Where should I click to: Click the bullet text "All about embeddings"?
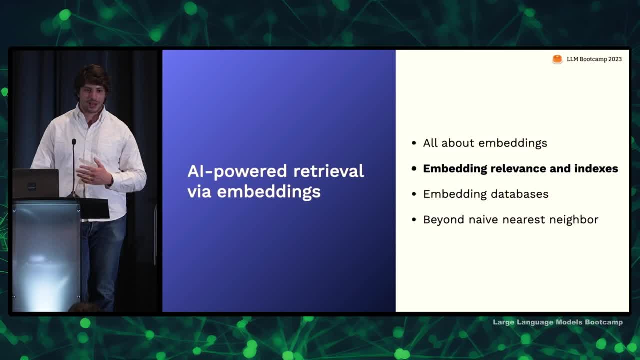pyautogui.click(x=485, y=143)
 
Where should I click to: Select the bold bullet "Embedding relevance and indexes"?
pyautogui.click(x=520, y=168)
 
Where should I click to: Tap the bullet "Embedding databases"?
pyautogui.click(x=485, y=194)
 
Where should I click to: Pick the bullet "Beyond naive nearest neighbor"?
pyautogui.click(x=511, y=219)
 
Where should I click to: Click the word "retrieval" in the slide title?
pyautogui.click(x=328, y=171)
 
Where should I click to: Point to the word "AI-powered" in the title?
pyautogui.click(x=237, y=172)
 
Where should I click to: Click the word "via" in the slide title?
pyautogui.click(x=199, y=192)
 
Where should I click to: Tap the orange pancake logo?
pyautogui.click(x=557, y=59)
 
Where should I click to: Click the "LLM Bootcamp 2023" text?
pyautogui.click(x=594, y=59)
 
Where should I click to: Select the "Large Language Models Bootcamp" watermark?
pyautogui.click(x=558, y=322)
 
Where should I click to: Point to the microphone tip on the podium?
pyautogui.click(x=74, y=141)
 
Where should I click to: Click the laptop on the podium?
pyautogui.click(x=35, y=183)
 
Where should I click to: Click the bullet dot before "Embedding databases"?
pyautogui.click(x=414, y=194)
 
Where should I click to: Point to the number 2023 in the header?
pyautogui.click(x=615, y=59)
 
